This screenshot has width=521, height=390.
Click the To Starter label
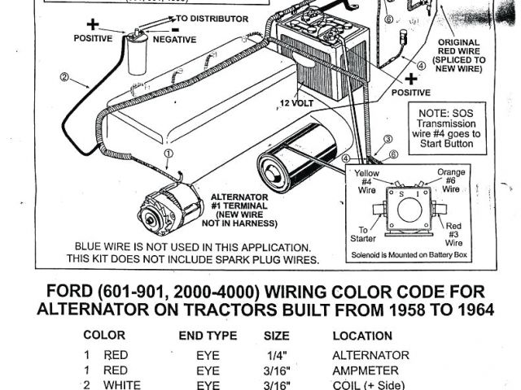pos(357,236)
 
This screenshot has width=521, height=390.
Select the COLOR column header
pos(104,335)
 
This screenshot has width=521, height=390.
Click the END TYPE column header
pos(208,335)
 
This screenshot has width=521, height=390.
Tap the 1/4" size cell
pos(275,355)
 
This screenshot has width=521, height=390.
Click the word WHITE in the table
pos(122,385)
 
